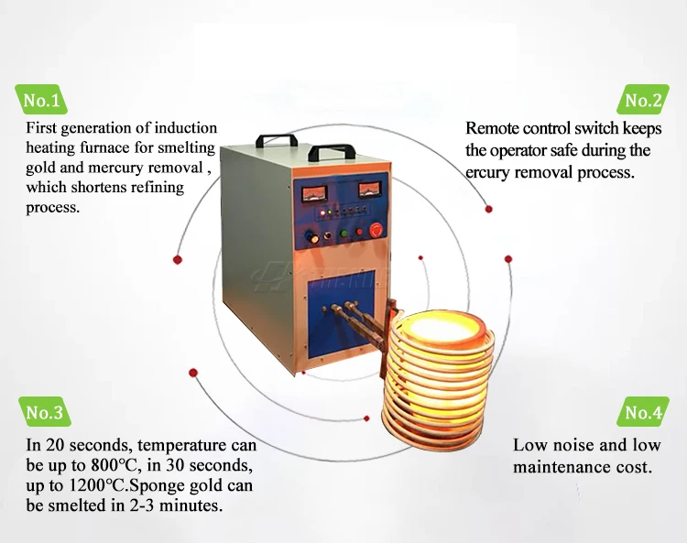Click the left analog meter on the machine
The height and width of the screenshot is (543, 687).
click(x=313, y=191)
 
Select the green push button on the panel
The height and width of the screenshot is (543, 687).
click(x=343, y=233)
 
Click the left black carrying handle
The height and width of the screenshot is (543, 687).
click(x=276, y=139)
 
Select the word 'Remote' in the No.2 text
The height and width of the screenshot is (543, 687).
click(x=496, y=129)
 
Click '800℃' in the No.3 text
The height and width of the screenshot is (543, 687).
click(x=118, y=466)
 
